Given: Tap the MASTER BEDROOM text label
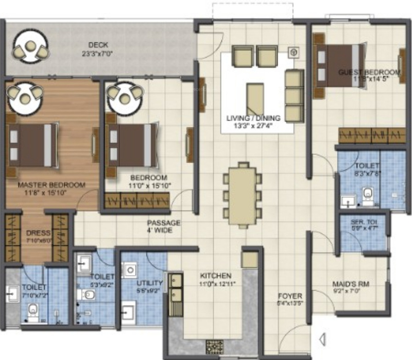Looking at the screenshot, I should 44,185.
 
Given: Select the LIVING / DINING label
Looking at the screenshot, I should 249,118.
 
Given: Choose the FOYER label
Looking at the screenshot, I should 289,296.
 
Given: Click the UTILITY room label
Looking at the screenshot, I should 150,283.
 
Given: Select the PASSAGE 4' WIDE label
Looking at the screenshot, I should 163,223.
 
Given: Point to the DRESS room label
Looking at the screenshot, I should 38,232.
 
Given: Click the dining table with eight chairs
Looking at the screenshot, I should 242,194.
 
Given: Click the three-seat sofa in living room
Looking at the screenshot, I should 294,96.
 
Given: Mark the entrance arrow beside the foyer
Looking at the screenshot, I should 322,339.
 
